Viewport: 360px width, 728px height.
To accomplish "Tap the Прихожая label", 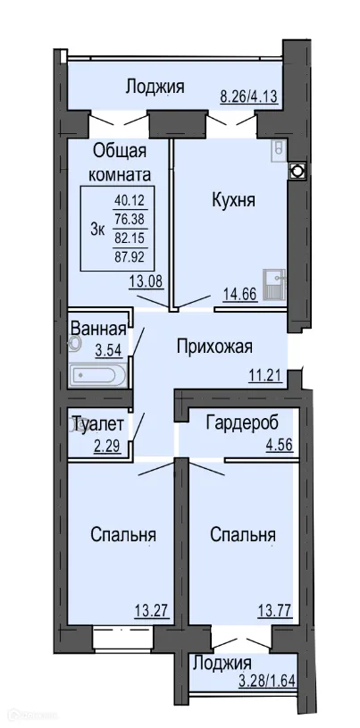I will click(x=214, y=347).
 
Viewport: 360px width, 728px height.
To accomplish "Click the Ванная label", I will click(x=98, y=326).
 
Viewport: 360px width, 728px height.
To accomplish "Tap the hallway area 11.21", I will click(x=266, y=375).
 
